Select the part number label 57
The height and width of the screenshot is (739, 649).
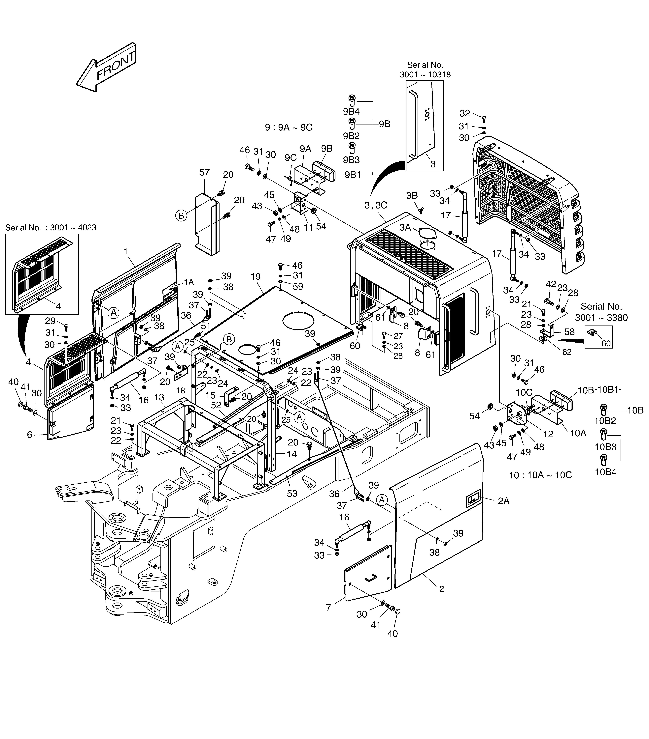tap(204, 172)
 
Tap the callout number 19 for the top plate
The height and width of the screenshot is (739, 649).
tap(255, 277)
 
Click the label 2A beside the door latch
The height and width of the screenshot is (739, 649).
tap(504, 501)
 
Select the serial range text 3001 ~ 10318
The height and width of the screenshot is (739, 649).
tap(425, 74)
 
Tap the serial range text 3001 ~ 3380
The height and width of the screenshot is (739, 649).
tap(601, 318)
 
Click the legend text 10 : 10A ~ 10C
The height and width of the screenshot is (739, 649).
tap(540, 475)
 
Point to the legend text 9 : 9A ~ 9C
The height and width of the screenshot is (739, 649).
tap(289, 127)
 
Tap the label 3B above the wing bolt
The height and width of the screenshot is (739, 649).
tap(412, 196)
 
